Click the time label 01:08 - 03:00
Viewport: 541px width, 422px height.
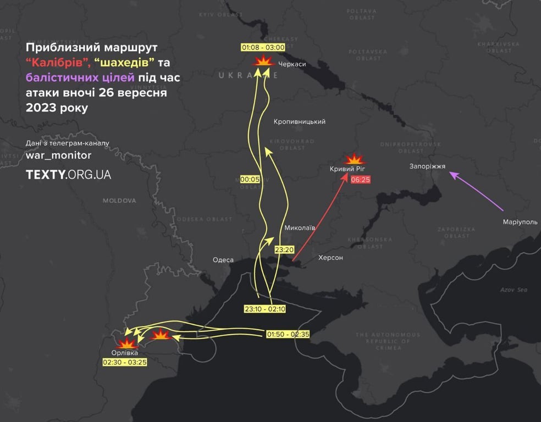(x=263, y=47)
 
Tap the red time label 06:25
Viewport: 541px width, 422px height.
(x=360, y=179)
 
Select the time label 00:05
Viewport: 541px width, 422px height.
(x=250, y=179)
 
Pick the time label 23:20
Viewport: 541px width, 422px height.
(x=284, y=249)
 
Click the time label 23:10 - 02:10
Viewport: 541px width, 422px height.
(x=265, y=309)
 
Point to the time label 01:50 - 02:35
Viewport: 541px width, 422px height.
(x=288, y=334)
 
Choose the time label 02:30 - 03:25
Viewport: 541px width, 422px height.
(x=125, y=362)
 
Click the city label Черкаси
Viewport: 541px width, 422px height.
(x=292, y=64)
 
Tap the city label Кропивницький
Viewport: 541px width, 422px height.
(x=299, y=121)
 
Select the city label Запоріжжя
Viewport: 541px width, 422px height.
(x=427, y=166)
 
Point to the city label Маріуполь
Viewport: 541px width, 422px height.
(x=520, y=222)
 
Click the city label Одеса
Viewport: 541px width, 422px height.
(x=223, y=260)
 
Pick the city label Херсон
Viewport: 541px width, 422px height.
(x=330, y=257)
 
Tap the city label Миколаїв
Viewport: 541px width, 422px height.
(x=300, y=227)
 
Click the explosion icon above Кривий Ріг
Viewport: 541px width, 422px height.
(x=355, y=159)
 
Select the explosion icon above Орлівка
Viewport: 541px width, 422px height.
(x=126, y=343)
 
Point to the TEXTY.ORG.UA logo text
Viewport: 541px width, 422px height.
(x=68, y=175)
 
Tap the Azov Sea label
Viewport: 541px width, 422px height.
(x=514, y=290)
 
